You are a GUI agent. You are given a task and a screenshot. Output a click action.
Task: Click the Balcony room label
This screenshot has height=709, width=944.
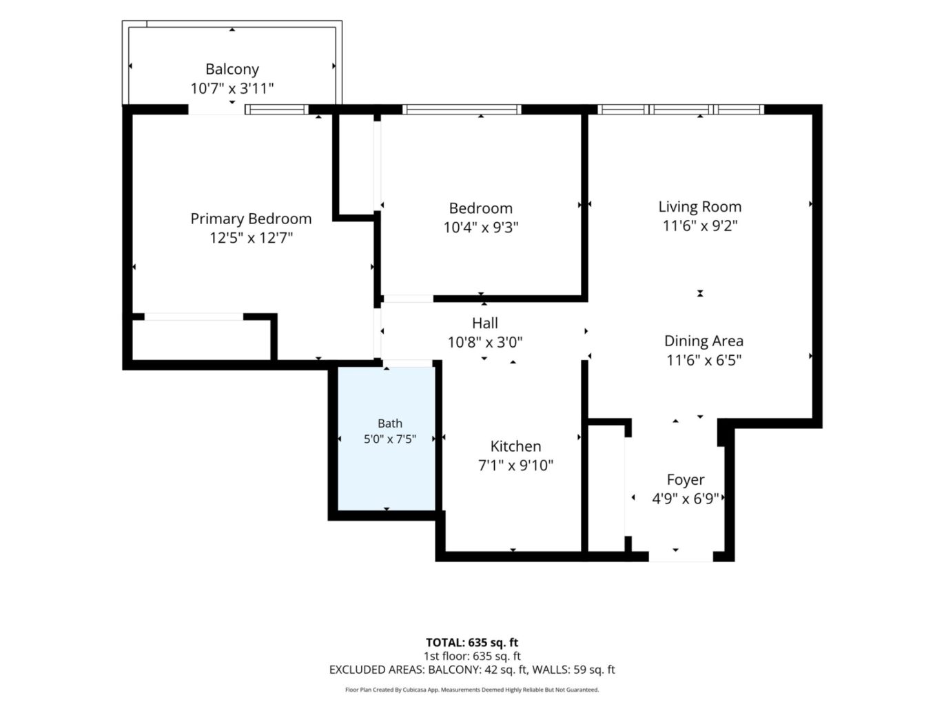coord(232,69)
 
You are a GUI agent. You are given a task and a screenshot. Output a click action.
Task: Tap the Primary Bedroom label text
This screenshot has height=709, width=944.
coord(251,218)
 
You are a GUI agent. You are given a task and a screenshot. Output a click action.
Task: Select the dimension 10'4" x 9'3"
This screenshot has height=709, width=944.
coord(480,227)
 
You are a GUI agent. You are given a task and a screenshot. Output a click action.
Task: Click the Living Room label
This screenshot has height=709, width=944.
coord(699,207)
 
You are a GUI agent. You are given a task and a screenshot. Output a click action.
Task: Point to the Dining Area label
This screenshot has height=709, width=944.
coord(703,341)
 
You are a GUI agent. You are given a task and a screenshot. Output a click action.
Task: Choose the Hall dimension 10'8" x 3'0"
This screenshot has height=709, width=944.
coord(484,342)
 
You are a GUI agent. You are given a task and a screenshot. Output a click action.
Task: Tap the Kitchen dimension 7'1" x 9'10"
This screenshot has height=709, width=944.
coord(515,465)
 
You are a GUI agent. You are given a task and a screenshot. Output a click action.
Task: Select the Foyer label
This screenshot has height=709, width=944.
coord(685,479)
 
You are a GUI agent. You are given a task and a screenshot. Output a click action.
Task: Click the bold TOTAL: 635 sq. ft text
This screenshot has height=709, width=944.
coord(472,642)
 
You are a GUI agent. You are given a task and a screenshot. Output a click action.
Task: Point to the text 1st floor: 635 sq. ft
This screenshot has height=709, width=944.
coord(472,656)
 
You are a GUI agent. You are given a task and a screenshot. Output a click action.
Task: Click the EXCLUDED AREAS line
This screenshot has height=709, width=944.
coord(472,670)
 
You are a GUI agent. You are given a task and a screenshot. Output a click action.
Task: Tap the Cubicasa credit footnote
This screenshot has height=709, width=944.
coord(472,690)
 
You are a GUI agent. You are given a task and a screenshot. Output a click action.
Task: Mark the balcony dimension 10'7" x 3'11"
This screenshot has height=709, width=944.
coord(232,88)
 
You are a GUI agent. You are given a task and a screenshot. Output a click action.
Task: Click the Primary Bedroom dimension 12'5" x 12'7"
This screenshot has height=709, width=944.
coord(251,238)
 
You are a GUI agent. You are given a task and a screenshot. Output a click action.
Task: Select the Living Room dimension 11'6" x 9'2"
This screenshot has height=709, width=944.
coord(699,226)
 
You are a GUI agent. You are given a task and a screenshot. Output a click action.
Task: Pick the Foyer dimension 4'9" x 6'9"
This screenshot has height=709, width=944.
coord(685,499)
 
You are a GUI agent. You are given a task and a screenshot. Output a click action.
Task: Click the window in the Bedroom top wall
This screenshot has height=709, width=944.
coord(462,110)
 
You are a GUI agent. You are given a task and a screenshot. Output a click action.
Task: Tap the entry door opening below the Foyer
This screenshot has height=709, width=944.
coord(680,556)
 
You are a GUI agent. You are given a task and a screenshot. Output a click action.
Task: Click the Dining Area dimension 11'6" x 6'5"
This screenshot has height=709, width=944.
coord(704,360)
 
